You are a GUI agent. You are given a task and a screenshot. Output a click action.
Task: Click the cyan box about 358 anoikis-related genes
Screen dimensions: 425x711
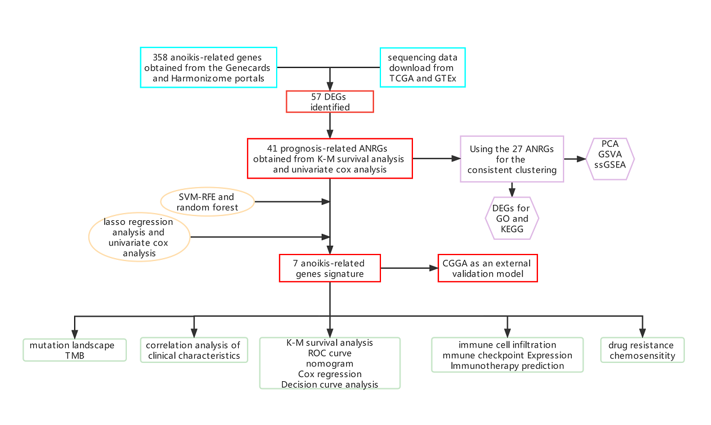click(209, 67)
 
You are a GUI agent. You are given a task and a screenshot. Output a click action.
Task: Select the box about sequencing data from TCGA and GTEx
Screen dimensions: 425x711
click(422, 67)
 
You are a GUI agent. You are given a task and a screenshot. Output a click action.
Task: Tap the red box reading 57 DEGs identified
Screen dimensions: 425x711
click(330, 101)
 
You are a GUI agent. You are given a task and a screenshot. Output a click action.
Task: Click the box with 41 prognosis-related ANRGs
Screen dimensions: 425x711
click(330, 158)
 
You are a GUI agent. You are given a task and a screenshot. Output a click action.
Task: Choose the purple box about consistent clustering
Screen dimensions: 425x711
click(512, 159)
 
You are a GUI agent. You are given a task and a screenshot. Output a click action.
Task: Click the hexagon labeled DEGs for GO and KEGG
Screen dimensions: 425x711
click(511, 218)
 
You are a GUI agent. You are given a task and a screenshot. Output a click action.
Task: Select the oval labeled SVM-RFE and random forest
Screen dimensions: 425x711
click(207, 202)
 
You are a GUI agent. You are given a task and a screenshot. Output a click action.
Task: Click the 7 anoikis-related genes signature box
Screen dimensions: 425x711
click(329, 268)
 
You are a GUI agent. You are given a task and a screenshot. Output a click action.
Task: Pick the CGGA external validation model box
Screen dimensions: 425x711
click(488, 268)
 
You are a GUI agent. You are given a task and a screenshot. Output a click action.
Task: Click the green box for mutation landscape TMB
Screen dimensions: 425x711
click(75, 350)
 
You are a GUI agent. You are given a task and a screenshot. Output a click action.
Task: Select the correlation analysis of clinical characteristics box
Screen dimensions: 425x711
click(193, 350)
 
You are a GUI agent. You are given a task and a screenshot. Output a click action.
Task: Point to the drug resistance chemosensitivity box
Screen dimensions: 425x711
click(642, 350)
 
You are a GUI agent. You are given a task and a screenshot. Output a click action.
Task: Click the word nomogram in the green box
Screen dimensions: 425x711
click(329, 364)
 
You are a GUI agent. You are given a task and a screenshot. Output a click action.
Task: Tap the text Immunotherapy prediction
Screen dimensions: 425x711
click(507, 366)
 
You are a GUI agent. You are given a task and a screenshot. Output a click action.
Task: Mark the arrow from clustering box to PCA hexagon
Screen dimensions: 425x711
click(575, 159)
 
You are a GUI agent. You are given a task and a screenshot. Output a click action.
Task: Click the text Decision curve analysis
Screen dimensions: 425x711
click(329, 385)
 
